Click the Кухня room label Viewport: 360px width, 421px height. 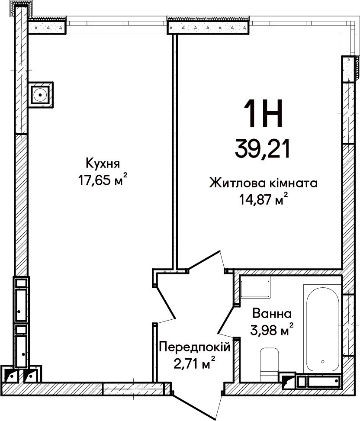point(103,163)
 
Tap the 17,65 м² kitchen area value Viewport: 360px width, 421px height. point(102,180)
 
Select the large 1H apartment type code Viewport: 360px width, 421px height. point(263,113)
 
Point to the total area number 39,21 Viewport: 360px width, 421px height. point(263,149)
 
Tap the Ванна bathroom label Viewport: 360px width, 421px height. point(272,314)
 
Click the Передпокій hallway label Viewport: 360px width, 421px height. point(195,347)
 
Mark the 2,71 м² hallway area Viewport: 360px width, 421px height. point(195,363)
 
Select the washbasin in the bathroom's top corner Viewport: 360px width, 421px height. point(255,289)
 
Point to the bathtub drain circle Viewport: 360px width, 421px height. point(323,361)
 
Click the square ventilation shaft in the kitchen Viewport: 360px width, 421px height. point(41,95)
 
